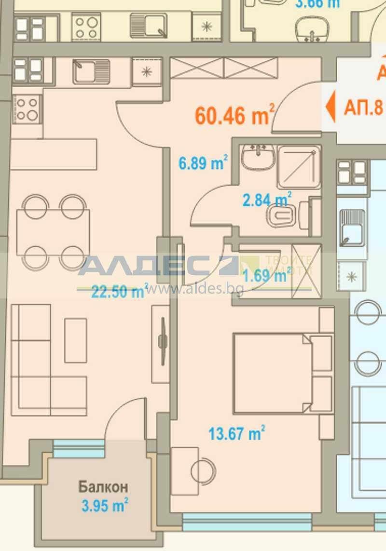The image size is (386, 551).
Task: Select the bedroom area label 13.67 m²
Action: point(236,433)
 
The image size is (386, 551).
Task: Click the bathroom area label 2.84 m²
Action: point(267,199)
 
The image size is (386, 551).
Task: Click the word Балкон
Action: point(103,486)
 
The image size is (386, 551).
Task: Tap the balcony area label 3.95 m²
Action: point(104,506)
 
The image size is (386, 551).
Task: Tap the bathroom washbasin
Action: point(258,157)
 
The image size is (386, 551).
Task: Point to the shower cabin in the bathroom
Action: point(299,166)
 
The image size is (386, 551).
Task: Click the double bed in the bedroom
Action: point(282,373)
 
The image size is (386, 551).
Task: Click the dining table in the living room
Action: point(53,232)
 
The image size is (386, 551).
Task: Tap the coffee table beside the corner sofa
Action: point(76,340)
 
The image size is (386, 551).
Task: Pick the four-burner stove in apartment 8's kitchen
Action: point(27,108)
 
